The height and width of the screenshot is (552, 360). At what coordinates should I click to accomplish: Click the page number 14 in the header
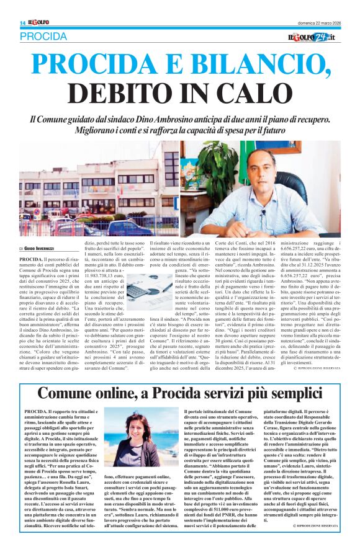tap(22, 23)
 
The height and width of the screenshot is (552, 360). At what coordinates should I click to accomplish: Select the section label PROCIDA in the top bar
tap(43, 37)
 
